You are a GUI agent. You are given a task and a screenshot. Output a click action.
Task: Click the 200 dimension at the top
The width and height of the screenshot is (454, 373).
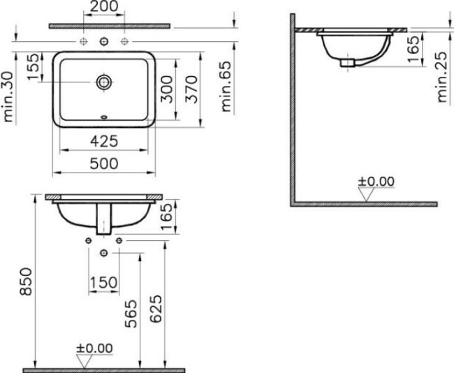104,8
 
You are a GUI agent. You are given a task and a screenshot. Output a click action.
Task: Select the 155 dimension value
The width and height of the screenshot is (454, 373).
31,68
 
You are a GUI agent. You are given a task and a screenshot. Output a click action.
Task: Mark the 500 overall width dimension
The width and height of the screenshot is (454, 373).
103,163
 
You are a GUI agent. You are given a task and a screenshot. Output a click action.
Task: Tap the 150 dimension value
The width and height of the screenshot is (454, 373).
103,281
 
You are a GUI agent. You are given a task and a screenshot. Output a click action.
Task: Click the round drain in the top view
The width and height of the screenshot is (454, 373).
104,82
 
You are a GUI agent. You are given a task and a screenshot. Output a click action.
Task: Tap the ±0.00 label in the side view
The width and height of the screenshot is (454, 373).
376,182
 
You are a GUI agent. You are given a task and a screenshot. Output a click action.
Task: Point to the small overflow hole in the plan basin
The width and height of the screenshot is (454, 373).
104,117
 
